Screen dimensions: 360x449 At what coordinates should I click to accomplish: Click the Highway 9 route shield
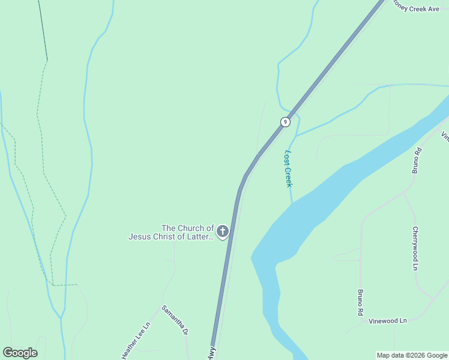[x=285, y=122]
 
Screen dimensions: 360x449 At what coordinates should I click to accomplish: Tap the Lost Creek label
[x=288, y=169]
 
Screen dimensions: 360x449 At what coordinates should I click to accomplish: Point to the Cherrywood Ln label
[x=414, y=248]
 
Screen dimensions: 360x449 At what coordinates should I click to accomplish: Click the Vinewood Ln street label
[x=388, y=321]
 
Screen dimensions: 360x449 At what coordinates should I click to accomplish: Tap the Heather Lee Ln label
[x=135, y=341]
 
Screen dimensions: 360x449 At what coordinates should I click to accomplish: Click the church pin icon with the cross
[x=223, y=231]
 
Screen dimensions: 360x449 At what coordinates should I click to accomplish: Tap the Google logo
[x=20, y=353]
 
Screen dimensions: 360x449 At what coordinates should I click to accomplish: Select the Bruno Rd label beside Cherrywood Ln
[x=415, y=161]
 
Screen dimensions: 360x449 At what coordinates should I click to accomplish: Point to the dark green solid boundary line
[x=43, y=30]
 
